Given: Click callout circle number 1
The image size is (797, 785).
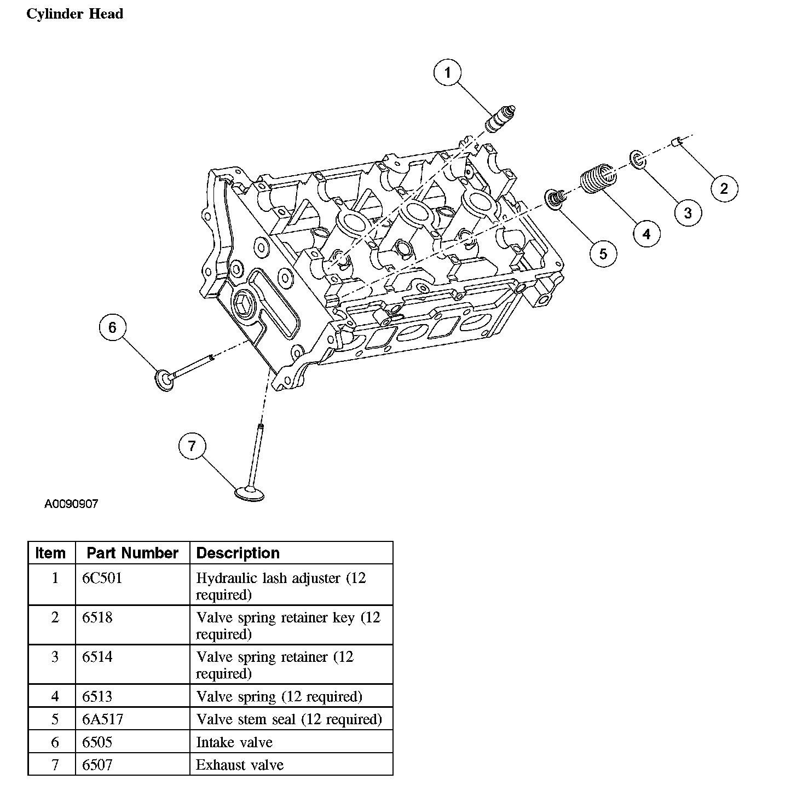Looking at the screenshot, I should click(x=448, y=72).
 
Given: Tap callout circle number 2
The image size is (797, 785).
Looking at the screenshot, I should click(x=724, y=188).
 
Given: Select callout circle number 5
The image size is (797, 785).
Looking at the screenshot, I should click(x=603, y=253).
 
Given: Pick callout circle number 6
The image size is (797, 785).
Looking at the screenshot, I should click(x=112, y=327).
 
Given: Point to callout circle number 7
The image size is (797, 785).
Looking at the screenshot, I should click(x=192, y=446).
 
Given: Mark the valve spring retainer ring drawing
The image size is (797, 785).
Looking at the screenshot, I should click(x=637, y=158).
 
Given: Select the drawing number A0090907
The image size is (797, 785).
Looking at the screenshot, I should click(x=71, y=504).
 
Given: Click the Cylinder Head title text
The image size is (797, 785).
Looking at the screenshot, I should click(x=74, y=14).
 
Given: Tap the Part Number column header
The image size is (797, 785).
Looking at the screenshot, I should click(x=132, y=553).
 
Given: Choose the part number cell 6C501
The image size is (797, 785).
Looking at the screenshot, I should click(x=102, y=578).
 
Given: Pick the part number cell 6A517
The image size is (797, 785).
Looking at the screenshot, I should click(x=103, y=719).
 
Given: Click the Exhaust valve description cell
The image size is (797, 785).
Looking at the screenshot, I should click(x=240, y=764).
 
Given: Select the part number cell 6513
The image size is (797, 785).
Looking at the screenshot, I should click(x=97, y=696).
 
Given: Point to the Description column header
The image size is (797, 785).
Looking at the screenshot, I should click(x=238, y=553).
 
